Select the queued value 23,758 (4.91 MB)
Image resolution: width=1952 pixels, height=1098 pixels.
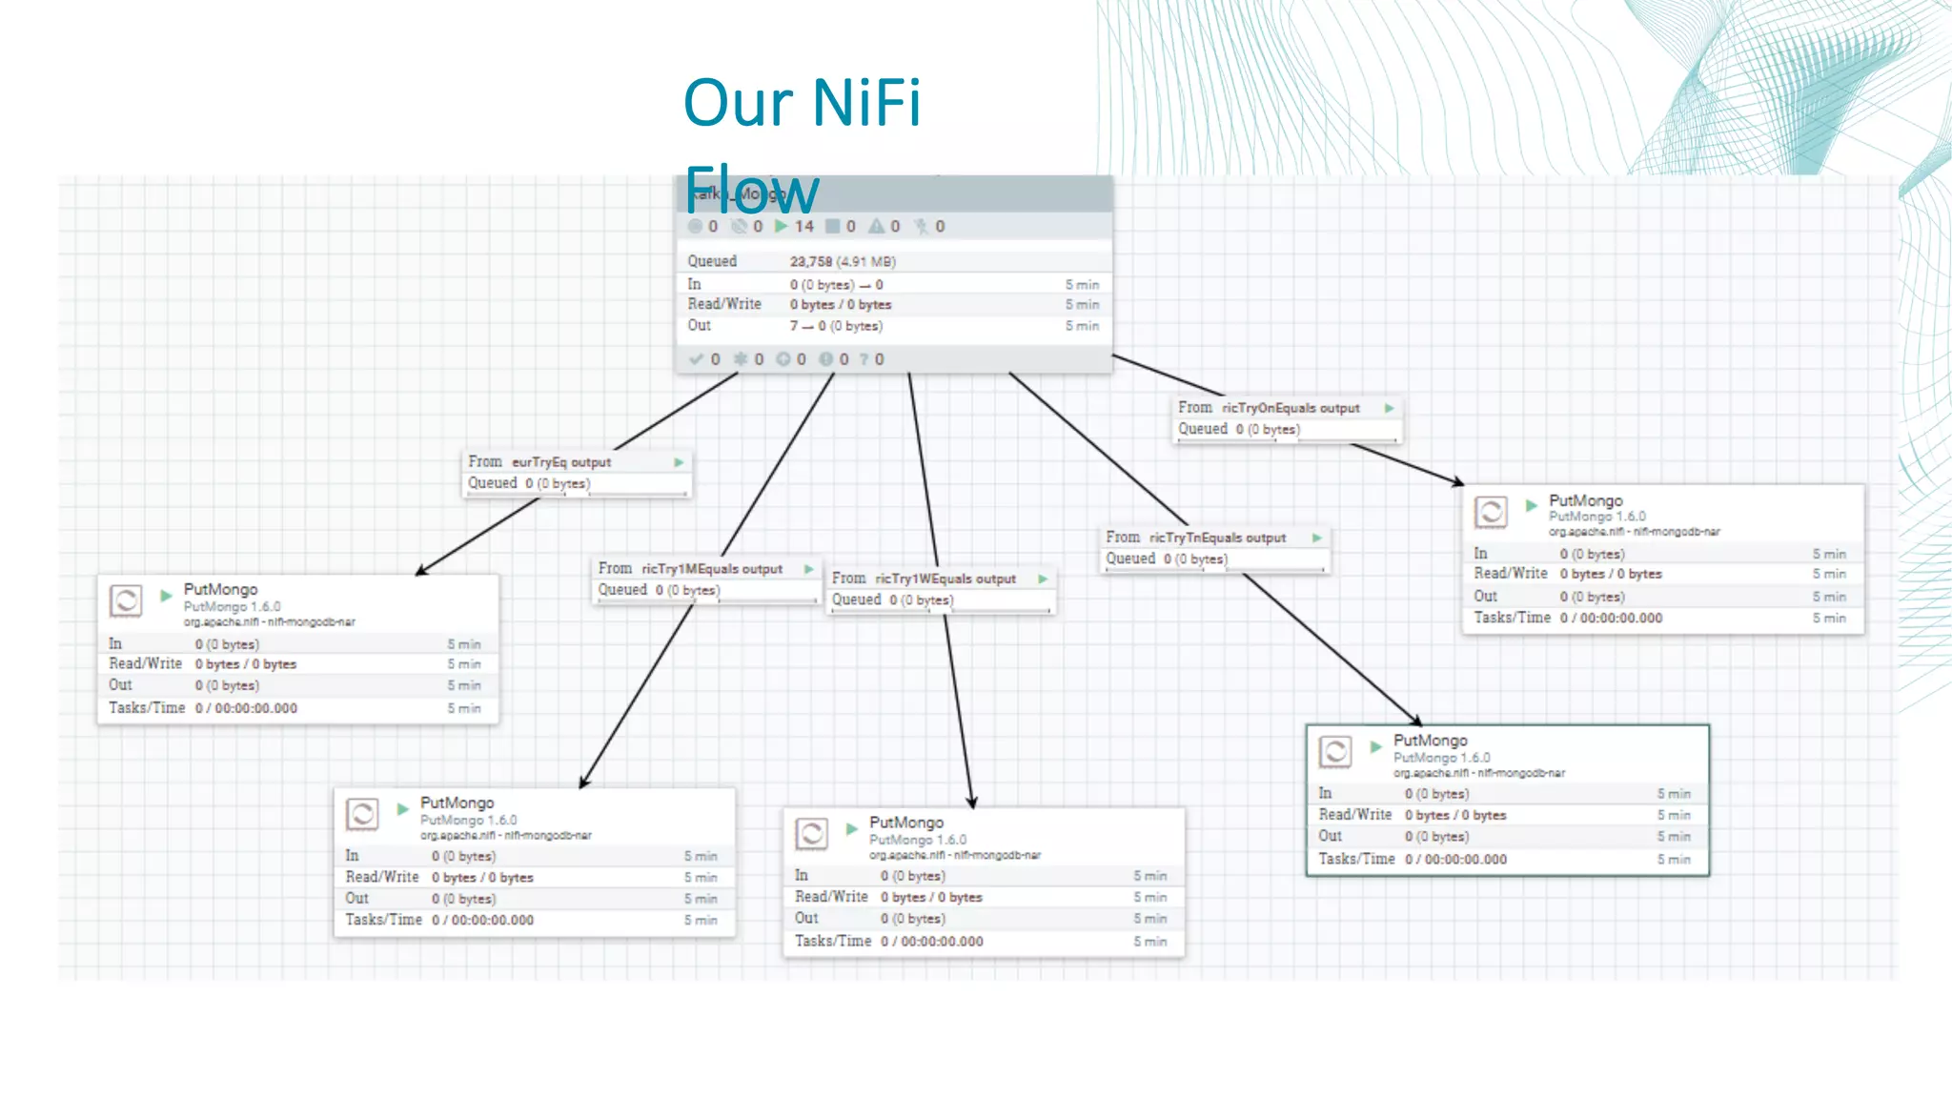point(842,261)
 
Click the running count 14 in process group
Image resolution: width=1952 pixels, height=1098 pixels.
point(803,227)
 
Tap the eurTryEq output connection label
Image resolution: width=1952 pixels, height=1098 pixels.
point(560,462)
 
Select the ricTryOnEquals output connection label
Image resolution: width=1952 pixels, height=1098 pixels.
point(1291,408)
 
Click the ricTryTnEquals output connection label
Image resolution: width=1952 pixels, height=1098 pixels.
point(1217,538)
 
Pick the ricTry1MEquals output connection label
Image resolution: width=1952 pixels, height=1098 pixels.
point(711,569)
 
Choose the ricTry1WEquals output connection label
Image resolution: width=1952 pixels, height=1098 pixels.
point(945,579)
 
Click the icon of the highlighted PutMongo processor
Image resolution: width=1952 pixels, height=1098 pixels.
point(1335,752)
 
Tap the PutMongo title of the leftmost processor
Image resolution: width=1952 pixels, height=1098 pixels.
point(220,590)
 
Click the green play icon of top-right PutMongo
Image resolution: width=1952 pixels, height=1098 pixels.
point(1531,505)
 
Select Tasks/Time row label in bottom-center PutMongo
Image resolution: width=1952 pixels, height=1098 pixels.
point(832,941)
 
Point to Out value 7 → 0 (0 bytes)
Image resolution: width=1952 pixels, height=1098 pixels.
point(835,326)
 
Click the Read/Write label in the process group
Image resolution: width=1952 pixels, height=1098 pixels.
point(724,304)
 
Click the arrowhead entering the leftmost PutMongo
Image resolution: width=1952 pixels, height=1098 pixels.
point(421,570)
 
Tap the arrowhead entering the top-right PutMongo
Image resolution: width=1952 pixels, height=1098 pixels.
point(1457,482)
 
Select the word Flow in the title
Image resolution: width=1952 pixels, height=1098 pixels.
point(751,191)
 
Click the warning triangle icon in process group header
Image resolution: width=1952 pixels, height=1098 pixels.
point(876,227)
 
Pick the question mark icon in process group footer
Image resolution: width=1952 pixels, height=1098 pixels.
point(864,359)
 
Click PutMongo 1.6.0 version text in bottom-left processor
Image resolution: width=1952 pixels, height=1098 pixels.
point(468,820)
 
